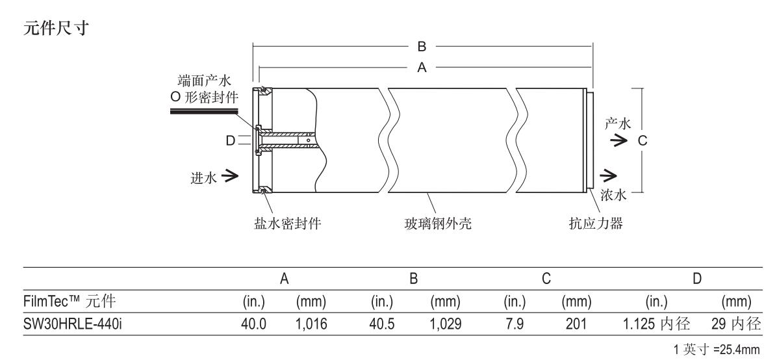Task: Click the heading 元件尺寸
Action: coord(55,28)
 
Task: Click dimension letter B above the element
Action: coord(422,47)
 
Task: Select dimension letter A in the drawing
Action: coord(422,68)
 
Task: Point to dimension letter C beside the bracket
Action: coord(643,141)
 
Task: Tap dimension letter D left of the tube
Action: coord(231,141)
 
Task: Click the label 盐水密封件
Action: coord(288,224)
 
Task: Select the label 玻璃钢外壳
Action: coord(438,224)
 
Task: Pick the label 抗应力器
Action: coord(596,224)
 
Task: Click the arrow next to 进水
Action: coord(230,175)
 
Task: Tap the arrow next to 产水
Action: coord(618,141)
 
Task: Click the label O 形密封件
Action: coord(204,97)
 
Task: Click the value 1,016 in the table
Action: coord(311,324)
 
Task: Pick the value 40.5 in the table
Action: coord(382,324)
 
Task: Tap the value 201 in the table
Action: coord(576,324)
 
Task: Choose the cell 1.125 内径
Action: coord(657,324)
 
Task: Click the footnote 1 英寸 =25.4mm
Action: coord(717,350)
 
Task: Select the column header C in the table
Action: coord(546,279)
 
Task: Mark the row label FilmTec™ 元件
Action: coord(70,301)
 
